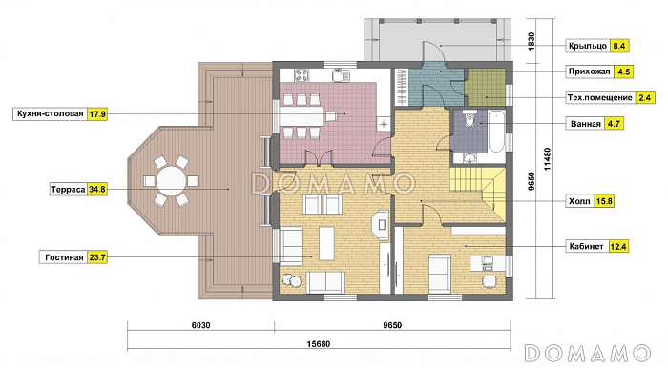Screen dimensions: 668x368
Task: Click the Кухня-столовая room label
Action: [x=51, y=114]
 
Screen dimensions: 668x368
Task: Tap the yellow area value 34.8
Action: [x=97, y=190]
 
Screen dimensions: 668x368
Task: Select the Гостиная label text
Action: [x=64, y=257]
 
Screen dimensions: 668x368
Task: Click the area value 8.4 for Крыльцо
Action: [x=619, y=46]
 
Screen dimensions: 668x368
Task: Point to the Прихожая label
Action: [x=589, y=72]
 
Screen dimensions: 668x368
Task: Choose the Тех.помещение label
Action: [x=599, y=97]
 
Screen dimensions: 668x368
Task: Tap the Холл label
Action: [x=579, y=201]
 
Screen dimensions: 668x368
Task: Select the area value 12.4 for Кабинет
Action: [x=617, y=246]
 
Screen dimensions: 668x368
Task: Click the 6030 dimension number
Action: [x=200, y=325]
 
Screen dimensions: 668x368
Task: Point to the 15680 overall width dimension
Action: [x=319, y=344]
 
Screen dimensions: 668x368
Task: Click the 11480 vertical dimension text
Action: [x=548, y=159]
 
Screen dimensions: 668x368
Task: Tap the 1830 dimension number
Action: [x=531, y=41]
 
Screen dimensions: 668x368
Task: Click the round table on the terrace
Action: [x=171, y=181]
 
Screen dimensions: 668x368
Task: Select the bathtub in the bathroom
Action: [x=497, y=131]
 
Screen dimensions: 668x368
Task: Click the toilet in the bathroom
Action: [x=470, y=119]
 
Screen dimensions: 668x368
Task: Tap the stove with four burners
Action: [x=302, y=75]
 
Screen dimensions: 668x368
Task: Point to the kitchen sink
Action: [x=341, y=75]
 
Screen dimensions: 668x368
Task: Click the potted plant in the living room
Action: [x=291, y=281]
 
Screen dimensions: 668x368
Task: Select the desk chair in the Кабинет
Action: [x=490, y=281]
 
